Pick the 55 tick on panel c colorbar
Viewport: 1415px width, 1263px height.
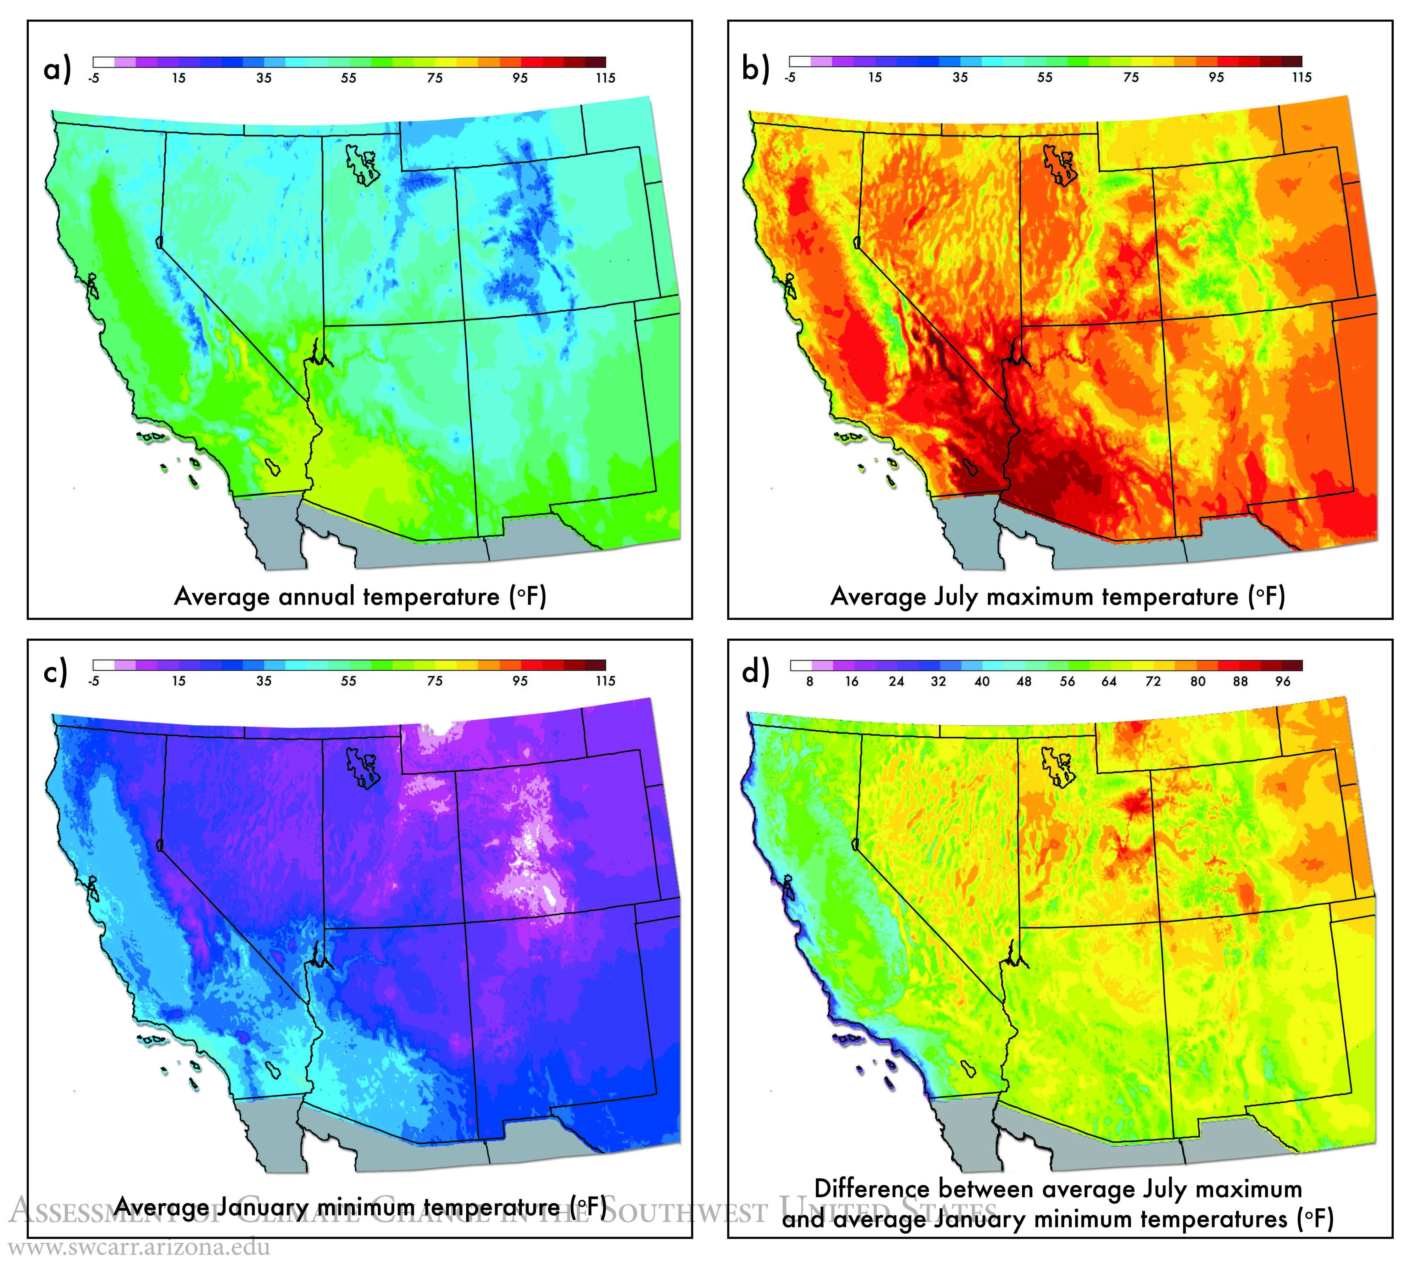pyautogui.click(x=348, y=681)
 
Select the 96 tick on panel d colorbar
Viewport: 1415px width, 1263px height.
pyautogui.click(x=1282, y=681)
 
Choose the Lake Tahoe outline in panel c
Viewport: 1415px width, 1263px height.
pyautogui.click(x=160, y=845)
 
